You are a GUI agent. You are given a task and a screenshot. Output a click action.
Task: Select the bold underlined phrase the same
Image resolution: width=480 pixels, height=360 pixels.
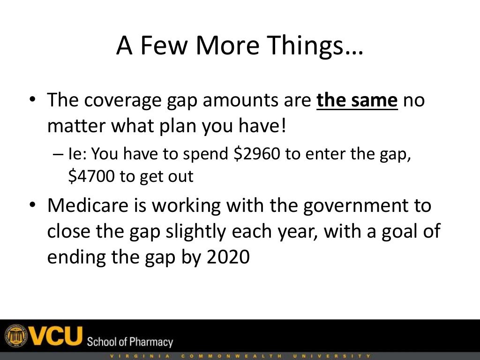click(x=357, y=101)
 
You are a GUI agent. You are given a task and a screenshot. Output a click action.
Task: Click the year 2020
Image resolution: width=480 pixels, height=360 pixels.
click(x=228, y=257)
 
